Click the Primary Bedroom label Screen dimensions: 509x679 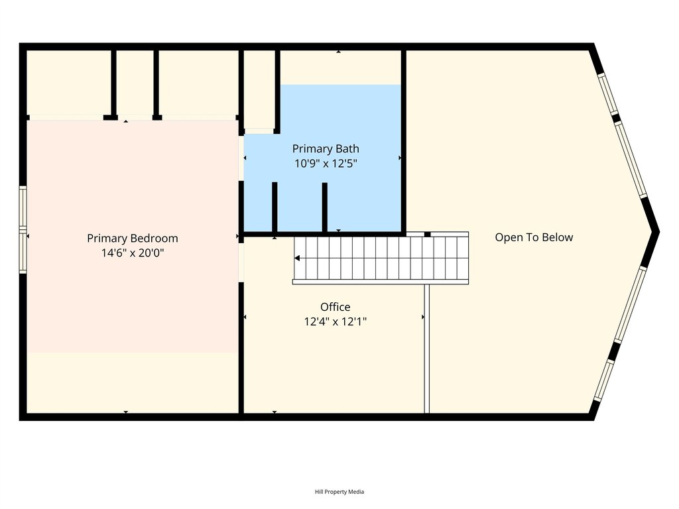(x=133, y=239)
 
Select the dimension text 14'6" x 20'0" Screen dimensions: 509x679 (x=133, y=253)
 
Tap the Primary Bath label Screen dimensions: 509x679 (x=326, y=148)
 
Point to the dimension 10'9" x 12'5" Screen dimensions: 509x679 (x=326, y=163)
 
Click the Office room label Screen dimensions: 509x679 (x=335, y=307)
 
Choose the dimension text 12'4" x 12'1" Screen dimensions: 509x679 (x=335, y=322)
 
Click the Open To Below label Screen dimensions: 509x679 (x=534, y=237)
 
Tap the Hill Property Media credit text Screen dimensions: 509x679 (x=339, y=492)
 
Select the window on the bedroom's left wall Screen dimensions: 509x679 (x=23, y=230)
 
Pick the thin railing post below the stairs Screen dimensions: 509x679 (x=426, y=349)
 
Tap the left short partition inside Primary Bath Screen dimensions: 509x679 (x=275, y=207)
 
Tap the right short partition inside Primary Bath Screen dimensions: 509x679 (x=324, y=207)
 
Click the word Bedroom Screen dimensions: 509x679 (x=154, y=239)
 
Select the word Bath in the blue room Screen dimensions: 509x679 (x=347, y=148)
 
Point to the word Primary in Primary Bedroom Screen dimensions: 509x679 (x=107, y=239)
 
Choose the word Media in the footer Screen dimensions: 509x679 (x=357, y=492)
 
